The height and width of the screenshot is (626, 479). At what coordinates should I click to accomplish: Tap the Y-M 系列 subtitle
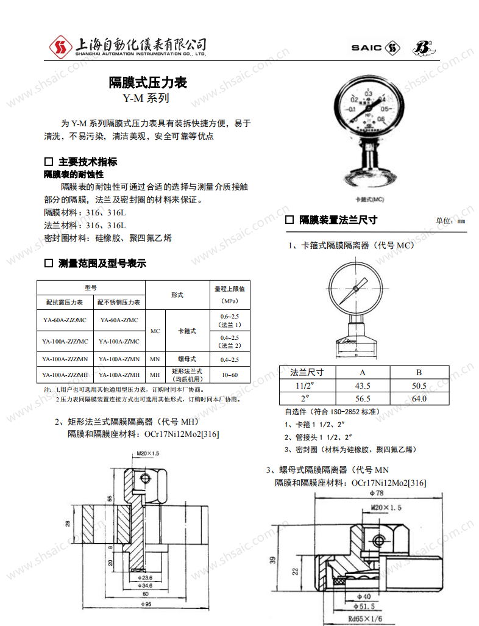point(145,98)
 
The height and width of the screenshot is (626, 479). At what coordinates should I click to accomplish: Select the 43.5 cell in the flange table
point(363,386)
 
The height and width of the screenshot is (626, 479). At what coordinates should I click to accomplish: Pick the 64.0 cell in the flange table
point(419,399)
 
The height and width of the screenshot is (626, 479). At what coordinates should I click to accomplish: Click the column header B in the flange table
point(419,372)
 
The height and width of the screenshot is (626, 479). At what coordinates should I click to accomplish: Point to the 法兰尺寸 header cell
point(307,372)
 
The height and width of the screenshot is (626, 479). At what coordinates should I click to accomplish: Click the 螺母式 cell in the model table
point(186,359)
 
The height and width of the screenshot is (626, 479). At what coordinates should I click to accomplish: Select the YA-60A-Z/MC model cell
point(119,320)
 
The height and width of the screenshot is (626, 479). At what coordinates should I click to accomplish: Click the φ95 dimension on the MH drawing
point(147,604)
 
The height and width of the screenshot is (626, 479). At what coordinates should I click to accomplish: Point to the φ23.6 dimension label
point(145,577)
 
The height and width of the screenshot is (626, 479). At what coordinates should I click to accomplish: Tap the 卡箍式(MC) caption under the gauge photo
point(369,199)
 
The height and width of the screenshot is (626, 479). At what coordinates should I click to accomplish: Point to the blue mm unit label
point(461,221)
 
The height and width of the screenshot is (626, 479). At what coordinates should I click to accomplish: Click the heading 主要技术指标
point(87,162)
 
